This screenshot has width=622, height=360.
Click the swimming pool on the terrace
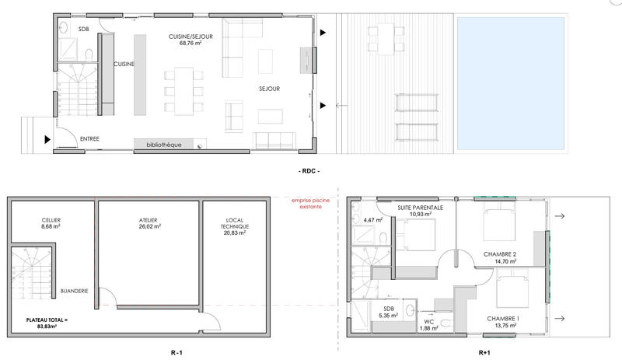(x=537, y=84)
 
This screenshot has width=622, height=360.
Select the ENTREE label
(x=91, y=139)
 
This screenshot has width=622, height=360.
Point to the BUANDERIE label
(x=74, y=291)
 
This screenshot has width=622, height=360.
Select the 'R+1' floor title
(x=484, y=352)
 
